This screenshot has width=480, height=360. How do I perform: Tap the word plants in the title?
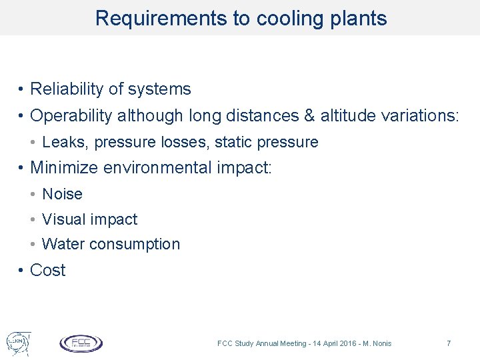tap(361, 19)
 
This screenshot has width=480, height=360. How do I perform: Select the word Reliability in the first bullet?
tap(63, 89)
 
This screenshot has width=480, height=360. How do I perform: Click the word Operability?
tap(71, 116)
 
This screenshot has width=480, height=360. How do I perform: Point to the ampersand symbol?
tap(309, 116)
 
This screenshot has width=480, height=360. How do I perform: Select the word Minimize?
tap(64, 167)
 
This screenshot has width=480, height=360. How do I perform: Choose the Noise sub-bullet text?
tap(62, 194)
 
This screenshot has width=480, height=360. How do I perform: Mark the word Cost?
tap(48, 271)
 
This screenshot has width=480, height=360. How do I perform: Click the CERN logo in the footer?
tap(16, 342)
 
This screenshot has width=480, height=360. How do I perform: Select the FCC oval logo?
tap(81, 343)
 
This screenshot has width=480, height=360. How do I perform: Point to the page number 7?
tap(449, 343)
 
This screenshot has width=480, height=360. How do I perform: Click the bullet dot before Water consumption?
tap(33, 245)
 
